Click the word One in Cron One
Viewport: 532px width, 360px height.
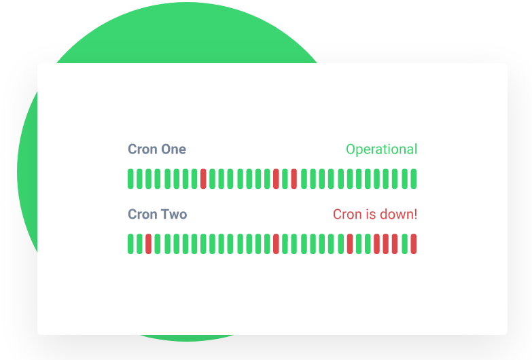pyautogui.click(x=173, y=149)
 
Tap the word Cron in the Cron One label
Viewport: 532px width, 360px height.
pyautogui.click(x=143, y=149)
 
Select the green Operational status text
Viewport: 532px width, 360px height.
pyautogui.click(x=381, y=149)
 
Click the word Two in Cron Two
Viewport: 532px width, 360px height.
pyautogui.click(x=173, y=215)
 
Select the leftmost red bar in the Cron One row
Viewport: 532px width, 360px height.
pyautogui.click(x=203, y=179)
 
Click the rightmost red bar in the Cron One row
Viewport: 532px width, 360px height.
pyautogui.click(x=294, y=179)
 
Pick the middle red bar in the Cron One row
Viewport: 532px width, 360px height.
pyautogui.click(x=276, y=179)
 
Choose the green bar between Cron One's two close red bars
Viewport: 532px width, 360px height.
pyautogui.click(x=285, y=179)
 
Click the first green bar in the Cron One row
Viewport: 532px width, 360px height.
pyautogui.click(x=130, y=179)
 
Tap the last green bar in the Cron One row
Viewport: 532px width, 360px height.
pyautogui.click(x=413, y=179)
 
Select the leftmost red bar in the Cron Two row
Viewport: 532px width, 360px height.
pyautogui.click(x=148, y=244)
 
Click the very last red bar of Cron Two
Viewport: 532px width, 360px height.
pyautogui.click(x=413, y=244)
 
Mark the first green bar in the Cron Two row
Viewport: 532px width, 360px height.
pyautogui.click(x=130, y=244)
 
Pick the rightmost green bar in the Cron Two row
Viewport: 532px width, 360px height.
pyautogui.click(x=404, y=244)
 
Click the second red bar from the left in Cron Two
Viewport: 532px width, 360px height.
pyautogui.click(x=276, y=244)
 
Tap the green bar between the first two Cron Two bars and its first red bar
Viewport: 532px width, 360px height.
pyautogui.click(x=139, y=244)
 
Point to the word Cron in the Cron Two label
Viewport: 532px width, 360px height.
pyautogui.click(x=143, y=215)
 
